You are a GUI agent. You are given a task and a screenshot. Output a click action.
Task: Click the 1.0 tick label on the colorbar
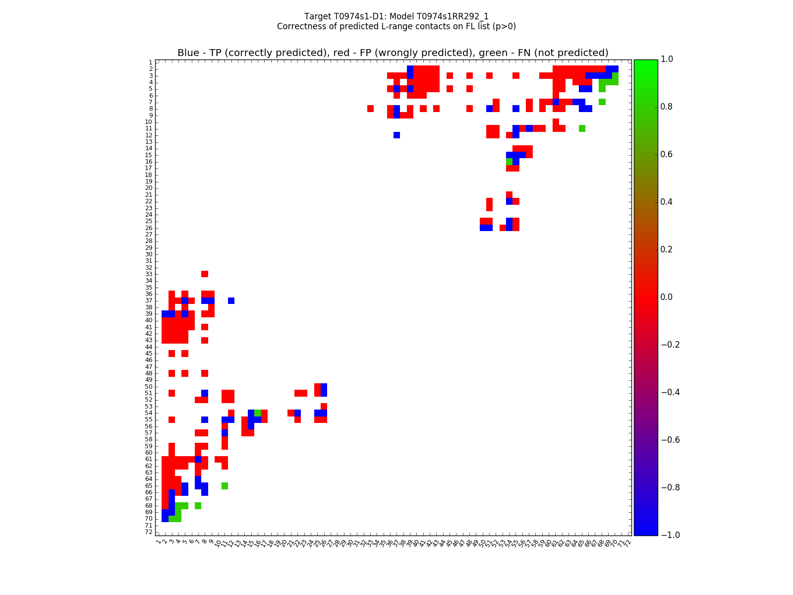[x=670, y=59]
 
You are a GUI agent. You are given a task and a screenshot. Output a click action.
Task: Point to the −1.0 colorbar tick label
[x=670, y=535]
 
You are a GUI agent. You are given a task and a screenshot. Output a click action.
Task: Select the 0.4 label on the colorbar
[x=670, y=202]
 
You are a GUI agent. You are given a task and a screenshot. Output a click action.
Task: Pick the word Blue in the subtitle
[x=188, y=53]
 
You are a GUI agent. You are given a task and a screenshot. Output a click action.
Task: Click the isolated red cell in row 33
[x=205, y=274]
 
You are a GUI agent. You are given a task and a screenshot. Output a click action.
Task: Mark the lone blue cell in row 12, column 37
[x=396, y=135]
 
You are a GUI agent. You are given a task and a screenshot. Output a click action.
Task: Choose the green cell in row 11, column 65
[x=582, y=128]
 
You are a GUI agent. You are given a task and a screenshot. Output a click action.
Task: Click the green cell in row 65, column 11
[x=225, y=485]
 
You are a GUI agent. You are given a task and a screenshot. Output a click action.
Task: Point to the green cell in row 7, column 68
[x=602, y=102]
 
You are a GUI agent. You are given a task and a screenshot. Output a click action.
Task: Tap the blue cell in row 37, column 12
[x=231, y=300]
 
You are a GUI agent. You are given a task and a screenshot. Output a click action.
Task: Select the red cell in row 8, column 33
[x=370, y=109]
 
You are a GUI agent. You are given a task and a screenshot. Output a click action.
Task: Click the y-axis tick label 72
[x=148, y=532]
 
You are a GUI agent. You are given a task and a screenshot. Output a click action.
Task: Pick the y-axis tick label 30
[x=148, y=254]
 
